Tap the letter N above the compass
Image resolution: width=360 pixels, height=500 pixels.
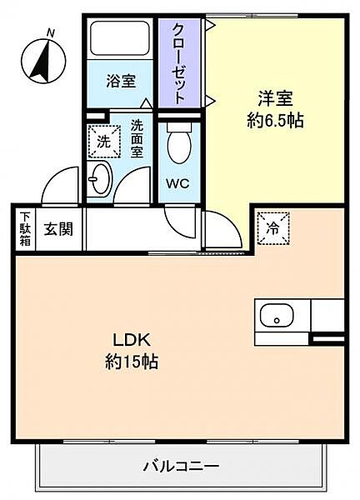pos(51,32)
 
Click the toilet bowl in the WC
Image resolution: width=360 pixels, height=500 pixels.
pos(178,146)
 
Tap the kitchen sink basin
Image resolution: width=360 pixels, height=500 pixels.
pos(276,317)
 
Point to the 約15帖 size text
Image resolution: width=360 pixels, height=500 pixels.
pos(132,362)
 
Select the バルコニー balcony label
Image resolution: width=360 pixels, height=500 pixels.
pos(181,463)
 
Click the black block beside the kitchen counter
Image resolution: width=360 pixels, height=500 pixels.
pos(327,339)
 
